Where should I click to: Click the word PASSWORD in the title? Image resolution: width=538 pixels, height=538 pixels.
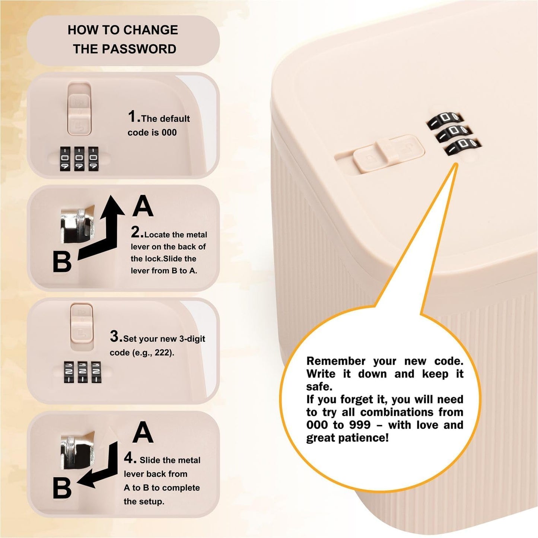pos(139,49)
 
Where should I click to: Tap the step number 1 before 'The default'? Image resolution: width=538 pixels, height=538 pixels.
pos(132,117)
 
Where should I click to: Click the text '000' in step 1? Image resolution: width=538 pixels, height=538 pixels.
pos(168,132)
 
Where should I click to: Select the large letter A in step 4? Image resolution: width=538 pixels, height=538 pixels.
pos(143,432)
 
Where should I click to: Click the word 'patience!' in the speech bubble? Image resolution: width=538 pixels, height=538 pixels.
pos(363,437)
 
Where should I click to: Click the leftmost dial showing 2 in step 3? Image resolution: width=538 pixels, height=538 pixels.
pos(69,372)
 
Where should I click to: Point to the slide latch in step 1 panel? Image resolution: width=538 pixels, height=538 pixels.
pos(79,109)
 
